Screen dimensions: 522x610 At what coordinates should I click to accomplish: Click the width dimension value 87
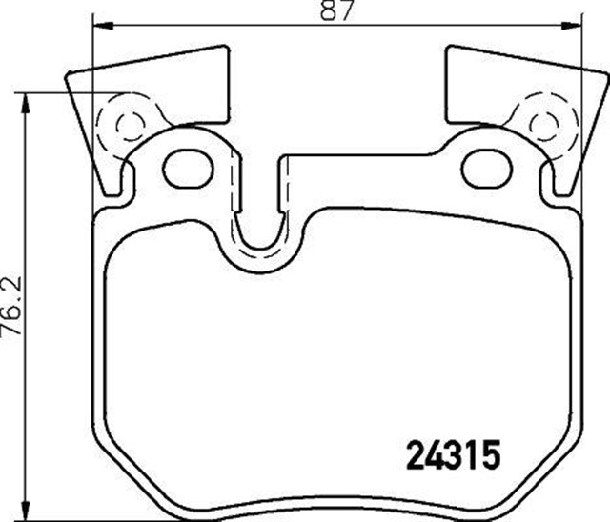tap(336, 10)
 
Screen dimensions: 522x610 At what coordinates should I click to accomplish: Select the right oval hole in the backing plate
tap(486, 169)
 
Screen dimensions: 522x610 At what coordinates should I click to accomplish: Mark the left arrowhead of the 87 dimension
tap(98, 26)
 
